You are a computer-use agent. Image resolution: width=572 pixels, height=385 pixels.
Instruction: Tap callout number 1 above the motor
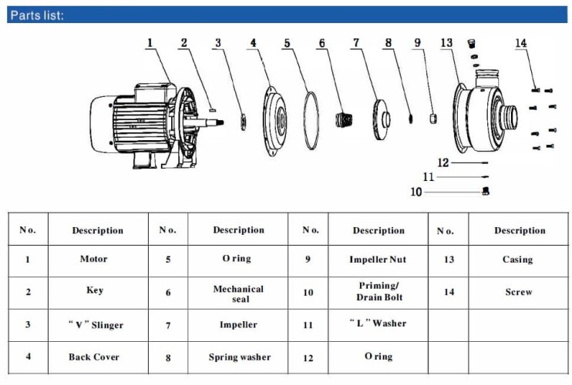pos(150,43)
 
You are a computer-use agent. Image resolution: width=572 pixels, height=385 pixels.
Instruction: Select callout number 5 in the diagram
pos(287,43)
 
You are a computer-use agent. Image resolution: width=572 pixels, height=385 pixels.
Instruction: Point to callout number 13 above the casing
pos(446,43)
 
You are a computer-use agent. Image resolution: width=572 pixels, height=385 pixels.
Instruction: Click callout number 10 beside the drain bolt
pos(416,192)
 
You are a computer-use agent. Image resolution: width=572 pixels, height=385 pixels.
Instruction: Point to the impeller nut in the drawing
pos(432,117)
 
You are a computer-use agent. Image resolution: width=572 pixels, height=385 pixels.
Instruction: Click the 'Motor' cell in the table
pos(94,259)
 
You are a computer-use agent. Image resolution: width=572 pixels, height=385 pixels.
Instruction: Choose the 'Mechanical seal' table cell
pos(238,293)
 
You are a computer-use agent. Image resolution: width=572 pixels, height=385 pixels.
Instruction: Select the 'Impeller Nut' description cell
pos(378,259)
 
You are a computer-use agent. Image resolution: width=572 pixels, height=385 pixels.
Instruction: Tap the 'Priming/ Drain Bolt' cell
pos(379,292)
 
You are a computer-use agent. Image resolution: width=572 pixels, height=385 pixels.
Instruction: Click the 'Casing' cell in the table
pos(517,259)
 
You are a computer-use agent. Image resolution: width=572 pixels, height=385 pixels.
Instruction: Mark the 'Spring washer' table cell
pos(239,357)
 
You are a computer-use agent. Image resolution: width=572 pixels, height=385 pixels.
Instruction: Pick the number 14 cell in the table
pos(448,292)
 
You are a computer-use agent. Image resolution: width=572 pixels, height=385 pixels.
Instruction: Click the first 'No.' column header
pos(28,229)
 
